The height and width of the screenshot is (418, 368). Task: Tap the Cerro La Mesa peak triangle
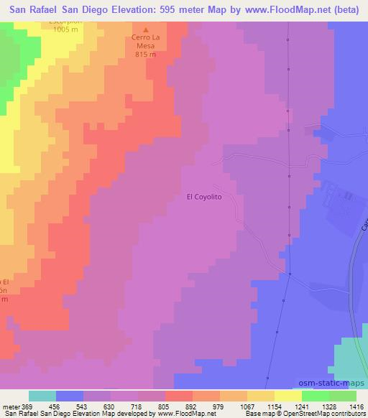point(146,29)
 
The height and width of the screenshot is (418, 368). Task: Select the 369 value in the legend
point(27,406)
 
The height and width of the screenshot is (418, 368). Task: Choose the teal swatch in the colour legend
point(42,396)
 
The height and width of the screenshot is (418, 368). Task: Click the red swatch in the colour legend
point(179,396)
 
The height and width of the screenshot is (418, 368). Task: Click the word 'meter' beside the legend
point(10,406)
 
